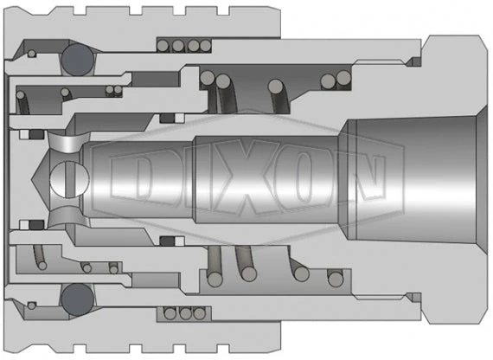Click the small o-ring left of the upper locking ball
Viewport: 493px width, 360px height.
[32, 55]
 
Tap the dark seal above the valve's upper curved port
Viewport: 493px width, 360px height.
[35, 133]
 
